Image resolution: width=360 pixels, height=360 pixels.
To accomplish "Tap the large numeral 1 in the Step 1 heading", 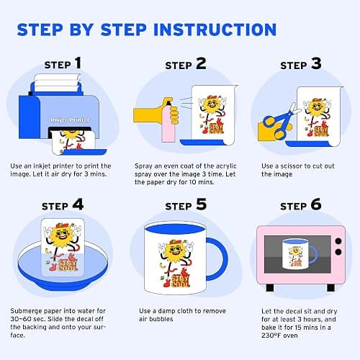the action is click(78, 63).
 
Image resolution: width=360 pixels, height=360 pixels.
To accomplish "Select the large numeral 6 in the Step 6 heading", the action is click(316, 204).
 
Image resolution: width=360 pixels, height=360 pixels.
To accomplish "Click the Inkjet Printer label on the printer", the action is click(70, 120).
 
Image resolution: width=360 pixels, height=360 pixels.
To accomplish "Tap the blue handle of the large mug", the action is click(217, 259).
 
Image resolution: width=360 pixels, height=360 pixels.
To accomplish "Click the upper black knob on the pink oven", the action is click(338, 241).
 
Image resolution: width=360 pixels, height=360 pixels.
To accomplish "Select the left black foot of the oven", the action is click(270, 287).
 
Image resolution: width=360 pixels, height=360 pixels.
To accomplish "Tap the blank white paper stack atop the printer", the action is click(57, 82).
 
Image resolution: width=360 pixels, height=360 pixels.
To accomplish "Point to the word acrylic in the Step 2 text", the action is click(226, 166).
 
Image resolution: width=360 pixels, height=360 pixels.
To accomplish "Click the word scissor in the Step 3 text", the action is click(292, 166).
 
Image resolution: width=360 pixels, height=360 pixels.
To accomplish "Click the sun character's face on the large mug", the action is click(176, 251).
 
